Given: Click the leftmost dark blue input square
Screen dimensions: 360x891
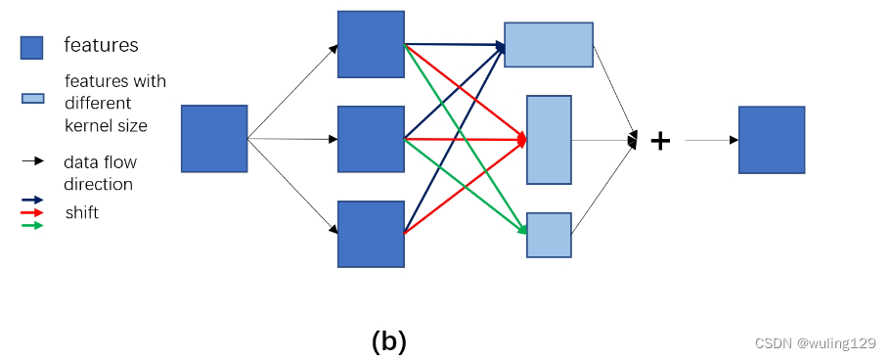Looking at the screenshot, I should click(x=214, y=139).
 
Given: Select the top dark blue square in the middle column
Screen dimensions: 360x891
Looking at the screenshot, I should click(x=371, y=44).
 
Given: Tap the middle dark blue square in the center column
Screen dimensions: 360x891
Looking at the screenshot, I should click(x=371, y=139).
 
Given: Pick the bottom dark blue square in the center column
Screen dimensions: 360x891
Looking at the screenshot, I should click(x=371, y=234).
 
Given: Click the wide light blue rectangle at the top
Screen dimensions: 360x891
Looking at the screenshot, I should click(x=549, y=44).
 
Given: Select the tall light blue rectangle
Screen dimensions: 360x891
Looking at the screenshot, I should click(x=549, y=139).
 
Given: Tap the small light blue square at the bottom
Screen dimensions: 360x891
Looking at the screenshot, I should click(x=549, y=235).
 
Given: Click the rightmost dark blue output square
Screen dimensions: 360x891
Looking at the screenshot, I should click(x=771, y=140).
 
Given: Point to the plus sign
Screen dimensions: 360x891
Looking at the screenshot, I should click(x=661, y=141).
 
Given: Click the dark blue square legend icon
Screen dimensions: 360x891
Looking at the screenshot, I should click(x=31, y=48).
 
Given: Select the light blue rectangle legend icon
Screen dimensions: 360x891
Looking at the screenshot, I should click(x=32, y=98).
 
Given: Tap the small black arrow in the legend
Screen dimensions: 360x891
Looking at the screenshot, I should click(x=32, y=161).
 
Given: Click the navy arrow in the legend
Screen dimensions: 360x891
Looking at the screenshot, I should click(x=32, y=200).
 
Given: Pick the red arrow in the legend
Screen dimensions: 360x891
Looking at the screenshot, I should click(x=32, y=212).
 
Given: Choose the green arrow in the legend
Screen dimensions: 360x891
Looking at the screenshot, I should click(x=32, y=225).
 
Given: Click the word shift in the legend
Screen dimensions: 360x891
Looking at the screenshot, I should click(x=82, y=212).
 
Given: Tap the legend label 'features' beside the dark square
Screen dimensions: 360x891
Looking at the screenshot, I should click(x=101, y=45).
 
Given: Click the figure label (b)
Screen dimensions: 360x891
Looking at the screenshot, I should click(x=389, y=341).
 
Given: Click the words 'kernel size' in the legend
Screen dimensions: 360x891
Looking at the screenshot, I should click(x=106, y=125).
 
